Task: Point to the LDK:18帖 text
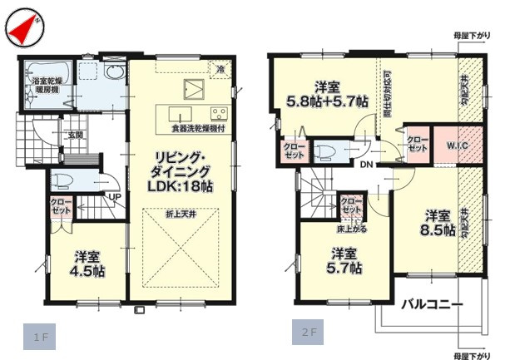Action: pyautogui.click(x=181, y=188)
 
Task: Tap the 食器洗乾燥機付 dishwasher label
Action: pyautogui.click(x=200, y=128)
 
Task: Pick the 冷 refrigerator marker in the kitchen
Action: pyautogui.click(x=220, y=68)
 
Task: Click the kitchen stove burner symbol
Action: pyautogui.click(x=219, y=113)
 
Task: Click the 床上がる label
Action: pyautogui.click(x=352, y=226)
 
